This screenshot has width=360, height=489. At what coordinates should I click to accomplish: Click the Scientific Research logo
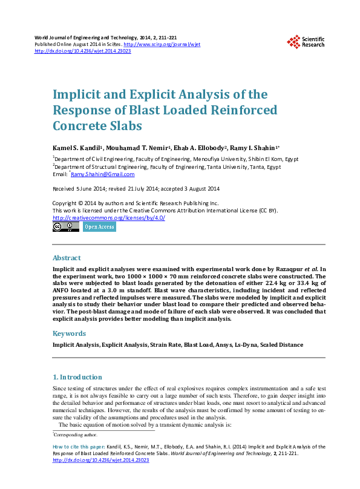point(306,41)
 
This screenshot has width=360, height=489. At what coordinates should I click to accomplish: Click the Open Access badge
point(99,227)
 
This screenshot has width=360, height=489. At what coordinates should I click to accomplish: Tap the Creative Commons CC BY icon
point(66,227)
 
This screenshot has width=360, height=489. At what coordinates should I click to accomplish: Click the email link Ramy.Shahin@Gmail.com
point(102,174)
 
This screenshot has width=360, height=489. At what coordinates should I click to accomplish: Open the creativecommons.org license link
point(109,218)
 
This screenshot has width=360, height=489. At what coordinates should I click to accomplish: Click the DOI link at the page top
point(83,51)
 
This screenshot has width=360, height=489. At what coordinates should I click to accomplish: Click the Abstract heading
point(67,257)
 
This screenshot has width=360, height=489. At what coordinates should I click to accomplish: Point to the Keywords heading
point(70,333)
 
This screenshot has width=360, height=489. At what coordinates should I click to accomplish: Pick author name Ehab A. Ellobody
point(196,148)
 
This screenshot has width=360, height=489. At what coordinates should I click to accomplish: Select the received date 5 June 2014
point(82,189)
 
